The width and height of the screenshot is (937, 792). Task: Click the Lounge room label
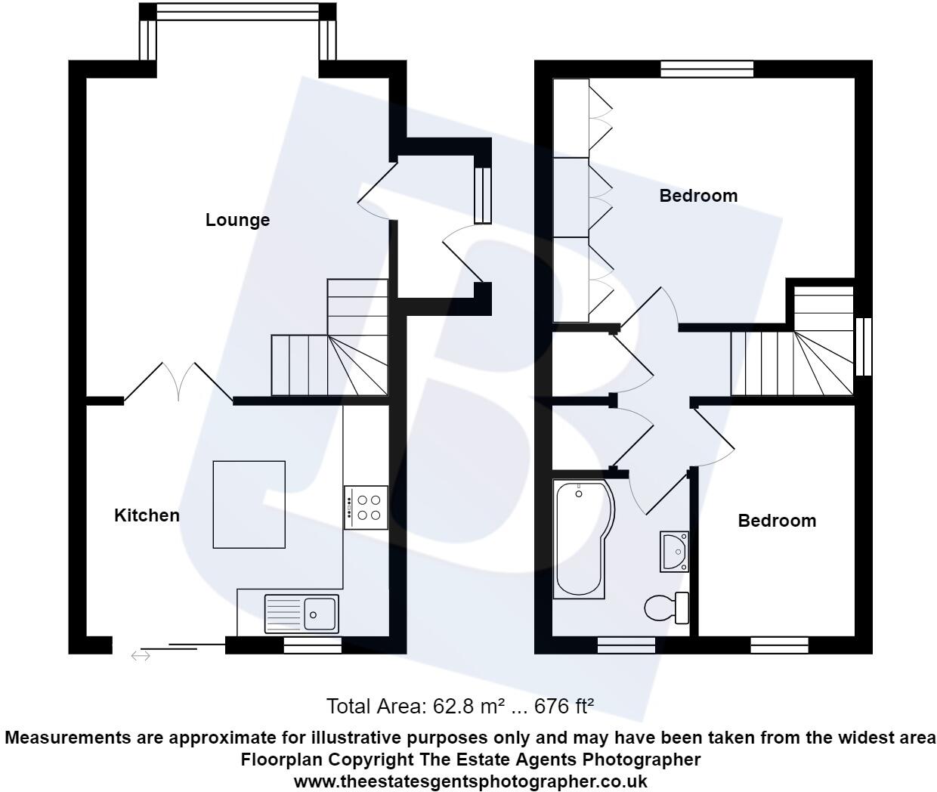pos(237,220)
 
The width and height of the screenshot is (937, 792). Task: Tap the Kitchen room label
pos(147,515)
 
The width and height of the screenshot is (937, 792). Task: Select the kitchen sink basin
pos(321,613)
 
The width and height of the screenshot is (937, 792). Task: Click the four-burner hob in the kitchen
pos(367,507)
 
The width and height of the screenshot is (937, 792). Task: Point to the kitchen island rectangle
pos(249,504)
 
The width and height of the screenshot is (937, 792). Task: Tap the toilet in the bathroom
pos(665,608)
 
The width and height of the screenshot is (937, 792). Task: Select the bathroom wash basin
pos(674,552)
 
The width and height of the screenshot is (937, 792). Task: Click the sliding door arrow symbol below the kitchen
pos(141,656)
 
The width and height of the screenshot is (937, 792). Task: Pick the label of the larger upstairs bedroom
pos(698,196)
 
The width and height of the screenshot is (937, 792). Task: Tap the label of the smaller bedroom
pos(777,521)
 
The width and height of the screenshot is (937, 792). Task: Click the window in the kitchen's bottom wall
pos(312,645)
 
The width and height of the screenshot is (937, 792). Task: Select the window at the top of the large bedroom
pos(707,69)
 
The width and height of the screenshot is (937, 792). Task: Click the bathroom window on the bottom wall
pos(626,645)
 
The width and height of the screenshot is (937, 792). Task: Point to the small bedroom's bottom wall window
pos(779,645)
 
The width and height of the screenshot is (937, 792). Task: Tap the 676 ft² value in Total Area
pos(564,707)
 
